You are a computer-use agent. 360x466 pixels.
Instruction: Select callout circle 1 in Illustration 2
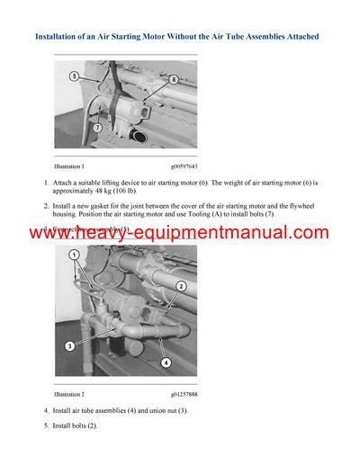pyautogui.click(x=75, y=255)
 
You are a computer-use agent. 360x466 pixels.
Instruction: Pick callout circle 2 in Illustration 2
pyautogui.click(x=181, y=286)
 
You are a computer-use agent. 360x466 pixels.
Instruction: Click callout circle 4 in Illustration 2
pyautogui.click(x=164, y=363)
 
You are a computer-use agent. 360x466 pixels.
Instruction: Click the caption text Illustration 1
pyautogui.click(x=69, y=166)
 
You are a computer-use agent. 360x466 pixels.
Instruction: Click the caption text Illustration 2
pyautogui.click(x=69, y=394)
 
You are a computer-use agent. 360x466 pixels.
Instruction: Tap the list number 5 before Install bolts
pyautogui.click(x=46, y=426)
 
